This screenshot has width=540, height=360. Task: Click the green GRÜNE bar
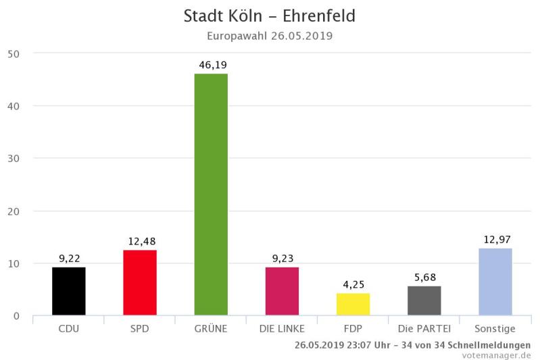(211, 195)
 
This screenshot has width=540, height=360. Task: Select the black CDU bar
(69, 291)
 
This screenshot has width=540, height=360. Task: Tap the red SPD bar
(140, 282)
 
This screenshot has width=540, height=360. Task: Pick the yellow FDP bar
(353, 304)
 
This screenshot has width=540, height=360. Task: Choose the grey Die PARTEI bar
(424, 301)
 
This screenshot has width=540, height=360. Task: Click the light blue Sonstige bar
(495, 282)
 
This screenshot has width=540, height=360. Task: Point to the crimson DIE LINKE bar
(282, 291)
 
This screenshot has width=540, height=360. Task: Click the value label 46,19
(211, 65)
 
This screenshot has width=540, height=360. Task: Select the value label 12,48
(140, 242)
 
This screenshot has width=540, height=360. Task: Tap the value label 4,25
(353, 285)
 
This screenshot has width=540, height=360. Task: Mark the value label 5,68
(424, 278)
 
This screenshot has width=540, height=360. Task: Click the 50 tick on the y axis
(14, 53)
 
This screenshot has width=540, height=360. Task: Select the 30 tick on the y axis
(14, 159)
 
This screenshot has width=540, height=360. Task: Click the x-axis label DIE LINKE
(282, 329)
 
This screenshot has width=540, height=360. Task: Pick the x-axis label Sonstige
(495, 329)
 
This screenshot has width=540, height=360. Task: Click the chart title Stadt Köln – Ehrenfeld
(270, 16)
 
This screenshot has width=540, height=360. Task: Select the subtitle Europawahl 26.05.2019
(270, 35)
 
